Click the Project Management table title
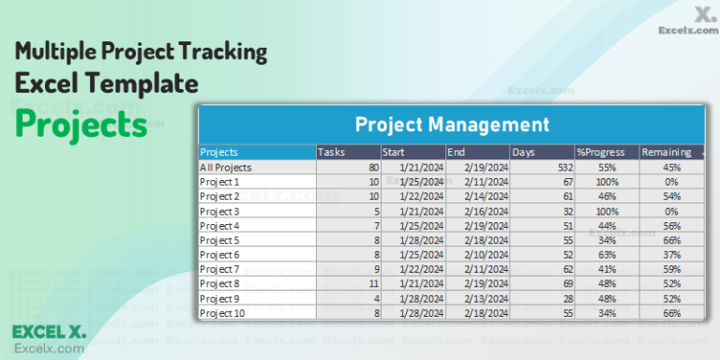point(451,124)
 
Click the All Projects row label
point(226,167)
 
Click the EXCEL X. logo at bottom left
point(49,331)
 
